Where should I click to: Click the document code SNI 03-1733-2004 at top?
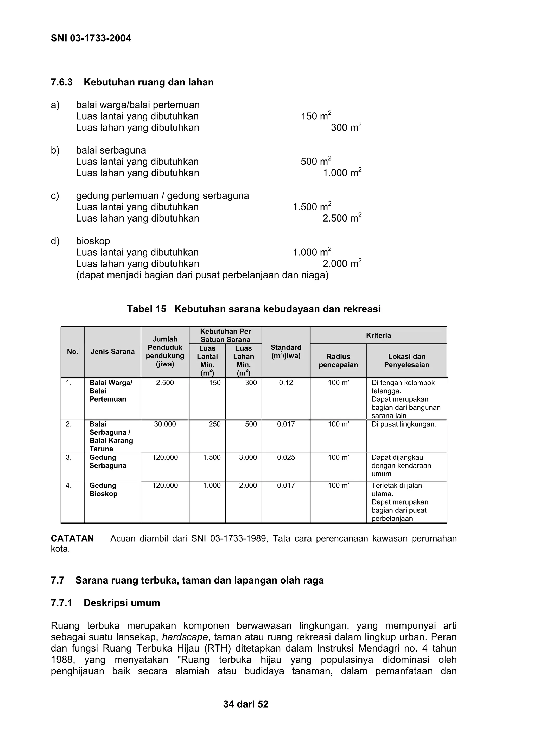[91, 39]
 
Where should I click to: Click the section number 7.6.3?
[61, 82]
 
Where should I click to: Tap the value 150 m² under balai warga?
[316, 116]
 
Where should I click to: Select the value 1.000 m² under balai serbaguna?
[342, 173]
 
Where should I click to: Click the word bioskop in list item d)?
[93, 241]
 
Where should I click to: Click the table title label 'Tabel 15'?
[147, 309]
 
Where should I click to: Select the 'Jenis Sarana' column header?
[113, 352]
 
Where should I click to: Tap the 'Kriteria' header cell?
[378, 335]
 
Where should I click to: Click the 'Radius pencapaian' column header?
[338, 360]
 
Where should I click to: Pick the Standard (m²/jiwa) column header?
[286, 352]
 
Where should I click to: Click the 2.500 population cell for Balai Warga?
[165, 383]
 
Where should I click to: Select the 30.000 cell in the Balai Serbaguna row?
[165, 424]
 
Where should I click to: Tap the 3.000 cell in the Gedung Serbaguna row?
[248, 457]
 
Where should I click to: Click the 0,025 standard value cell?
[286, 457]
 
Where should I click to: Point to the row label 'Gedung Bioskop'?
[103, 490]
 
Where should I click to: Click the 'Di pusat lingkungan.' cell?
[404, 424]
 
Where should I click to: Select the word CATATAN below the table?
[72, 538]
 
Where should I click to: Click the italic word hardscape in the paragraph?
[185, 637]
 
